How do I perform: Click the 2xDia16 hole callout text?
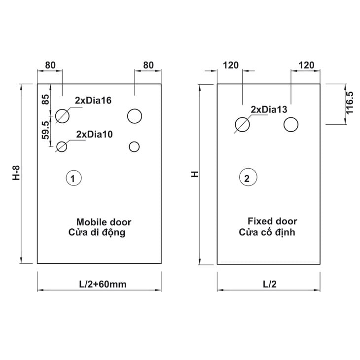tap(93, 100)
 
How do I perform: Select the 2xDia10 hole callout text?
tap(94, 134)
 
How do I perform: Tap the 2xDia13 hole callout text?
tap(269, 109)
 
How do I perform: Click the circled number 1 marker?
tap(73, 178)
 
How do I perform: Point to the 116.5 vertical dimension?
tap(349, 103)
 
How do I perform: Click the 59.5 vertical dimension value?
tap(45, 130)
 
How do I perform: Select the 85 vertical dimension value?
tap(45, 100)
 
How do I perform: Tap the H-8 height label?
tap(16, 173)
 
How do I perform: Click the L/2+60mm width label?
tap(103, 284)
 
